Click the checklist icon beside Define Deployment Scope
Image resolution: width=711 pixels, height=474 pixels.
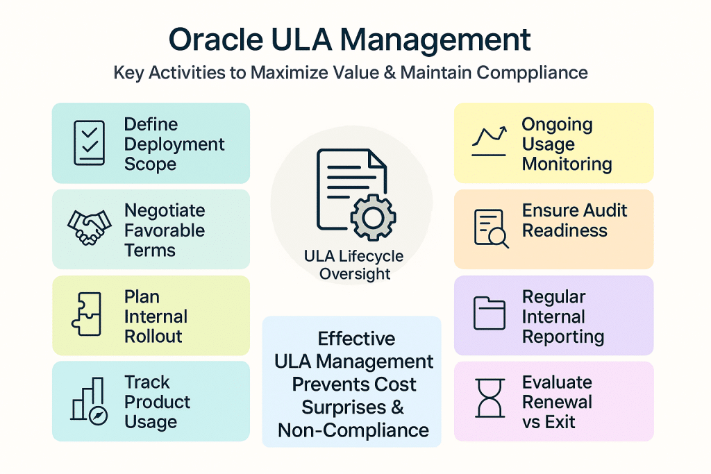point(88,144)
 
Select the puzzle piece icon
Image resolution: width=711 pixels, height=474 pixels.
point(87,315)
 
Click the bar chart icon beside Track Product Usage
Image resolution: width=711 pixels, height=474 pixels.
point(88,400)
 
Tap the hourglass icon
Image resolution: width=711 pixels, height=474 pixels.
point(490,400)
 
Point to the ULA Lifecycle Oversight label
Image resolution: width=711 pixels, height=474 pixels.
point(353,264)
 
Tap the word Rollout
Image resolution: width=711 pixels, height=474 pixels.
point(153,337)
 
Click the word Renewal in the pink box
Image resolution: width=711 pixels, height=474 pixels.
point(557,402)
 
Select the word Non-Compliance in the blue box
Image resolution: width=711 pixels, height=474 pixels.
point(353,430)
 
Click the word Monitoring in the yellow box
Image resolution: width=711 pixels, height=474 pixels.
point(567,164)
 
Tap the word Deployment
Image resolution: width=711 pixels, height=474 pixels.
point(174,144)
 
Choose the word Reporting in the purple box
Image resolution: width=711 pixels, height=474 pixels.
point(562,337)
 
